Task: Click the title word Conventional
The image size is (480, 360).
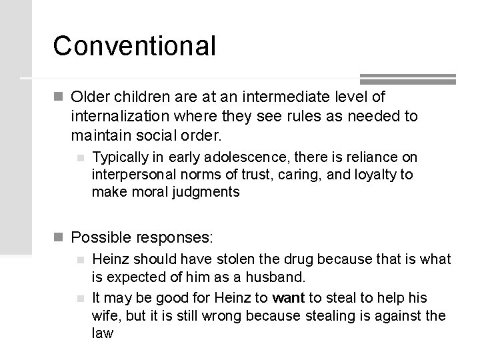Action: click(x=135, y=46)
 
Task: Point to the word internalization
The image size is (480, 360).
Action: click(x=119, y=117)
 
